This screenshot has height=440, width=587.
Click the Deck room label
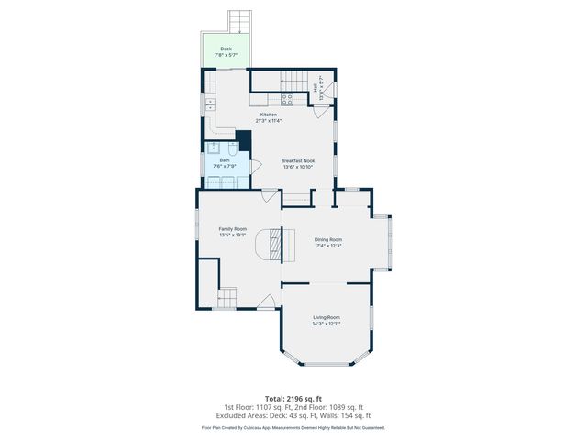(226, 48)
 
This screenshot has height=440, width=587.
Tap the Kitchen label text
(269, 115)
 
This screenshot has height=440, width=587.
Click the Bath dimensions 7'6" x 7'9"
(225, 166)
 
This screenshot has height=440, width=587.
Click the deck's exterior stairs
(240, 20)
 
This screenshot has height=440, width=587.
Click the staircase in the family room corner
(227, 297)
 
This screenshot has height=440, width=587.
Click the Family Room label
(232, 228)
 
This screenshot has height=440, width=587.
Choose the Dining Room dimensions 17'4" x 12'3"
(327, 246)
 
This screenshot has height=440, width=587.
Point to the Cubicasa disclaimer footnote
(293, 427)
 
